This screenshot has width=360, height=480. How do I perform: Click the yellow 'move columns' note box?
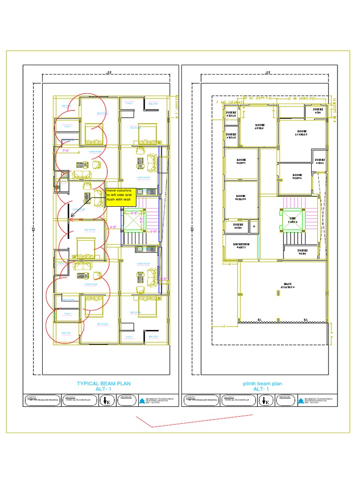(121, 197)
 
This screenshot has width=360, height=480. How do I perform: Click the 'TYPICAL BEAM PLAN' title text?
(104, 383)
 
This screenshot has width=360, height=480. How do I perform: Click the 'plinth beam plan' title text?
(262, 383)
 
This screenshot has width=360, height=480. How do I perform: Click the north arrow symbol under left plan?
(107, 401)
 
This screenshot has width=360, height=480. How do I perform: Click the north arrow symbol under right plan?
(266, 401)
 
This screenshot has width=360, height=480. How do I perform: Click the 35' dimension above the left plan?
(109, 73)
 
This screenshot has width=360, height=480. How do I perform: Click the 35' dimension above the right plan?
(268, 73)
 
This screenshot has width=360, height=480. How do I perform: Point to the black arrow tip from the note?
(70, 218)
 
